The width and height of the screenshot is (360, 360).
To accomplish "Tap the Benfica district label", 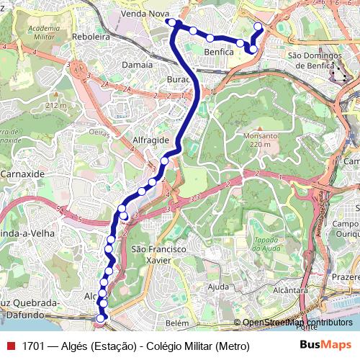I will tap(218, 52).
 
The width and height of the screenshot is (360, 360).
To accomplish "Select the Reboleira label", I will tap(91, 36).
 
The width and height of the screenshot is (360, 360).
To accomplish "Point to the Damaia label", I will tap(137, 64).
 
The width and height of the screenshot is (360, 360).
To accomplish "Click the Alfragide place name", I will tap(150, 140).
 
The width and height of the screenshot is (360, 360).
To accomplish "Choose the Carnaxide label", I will tap(22, 174).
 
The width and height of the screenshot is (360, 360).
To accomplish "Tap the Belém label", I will tap(176, 325).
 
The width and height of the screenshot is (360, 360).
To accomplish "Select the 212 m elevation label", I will tap(55, 106).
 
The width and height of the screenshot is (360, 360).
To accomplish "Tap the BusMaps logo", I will tap(325, 346).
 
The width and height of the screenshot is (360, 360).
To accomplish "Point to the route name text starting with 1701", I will tap(136, 346).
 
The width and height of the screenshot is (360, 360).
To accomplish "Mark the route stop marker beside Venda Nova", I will tap(172, 22).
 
